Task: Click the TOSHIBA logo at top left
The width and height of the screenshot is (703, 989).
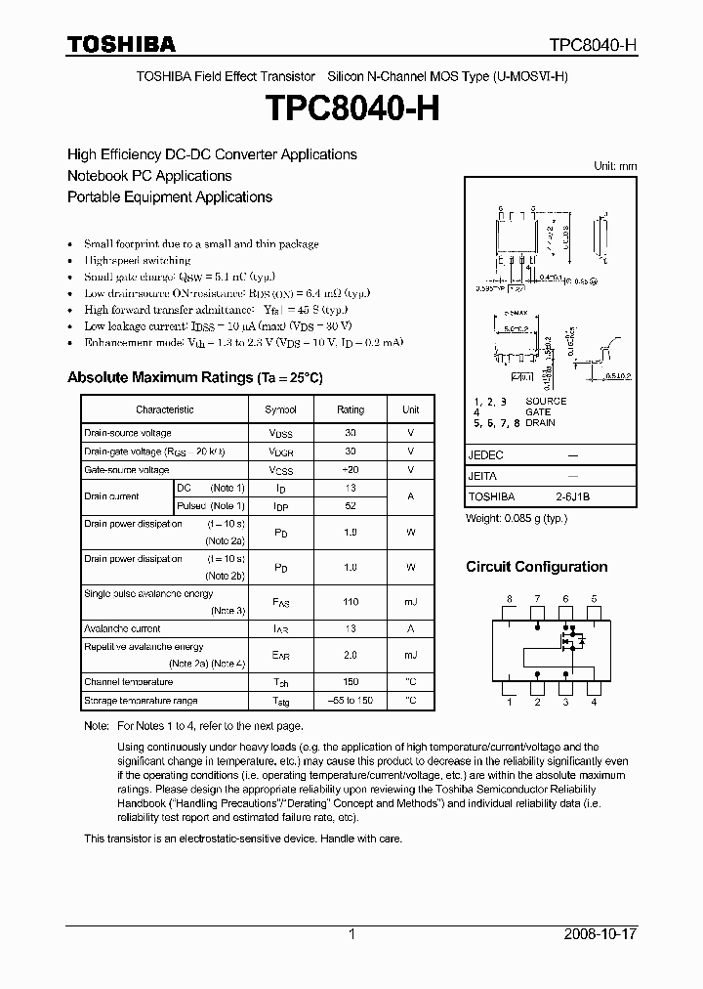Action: tap(121, 44)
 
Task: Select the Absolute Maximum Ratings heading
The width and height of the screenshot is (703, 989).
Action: tap(194, 377)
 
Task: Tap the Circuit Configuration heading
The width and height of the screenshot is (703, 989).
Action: tap(536, 567)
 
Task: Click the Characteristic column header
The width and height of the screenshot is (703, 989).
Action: tap(164, 409)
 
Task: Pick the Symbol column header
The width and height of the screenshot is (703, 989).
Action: tap(280, 409)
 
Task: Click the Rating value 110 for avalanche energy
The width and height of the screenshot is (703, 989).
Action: tap(351, 602)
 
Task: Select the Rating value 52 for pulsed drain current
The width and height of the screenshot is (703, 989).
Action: tap(351, 505)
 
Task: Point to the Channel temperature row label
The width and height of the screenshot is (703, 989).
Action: tap(128, 682)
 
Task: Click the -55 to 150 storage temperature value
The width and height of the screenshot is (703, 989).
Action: tap(351, 701)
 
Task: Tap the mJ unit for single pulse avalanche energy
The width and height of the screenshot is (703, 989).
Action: tap(410, 602)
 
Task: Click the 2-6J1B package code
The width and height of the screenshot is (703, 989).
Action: tap(572, 496)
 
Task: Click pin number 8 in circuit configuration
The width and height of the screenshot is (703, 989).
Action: tap(509, 598)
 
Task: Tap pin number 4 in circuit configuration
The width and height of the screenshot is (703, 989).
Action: tap(594, 702)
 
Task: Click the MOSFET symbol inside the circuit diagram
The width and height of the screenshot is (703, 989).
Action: tap(569, 641)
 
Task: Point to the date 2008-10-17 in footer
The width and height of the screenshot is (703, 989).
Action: tap(600, 934)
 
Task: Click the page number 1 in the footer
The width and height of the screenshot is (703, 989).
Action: tap(351, 934)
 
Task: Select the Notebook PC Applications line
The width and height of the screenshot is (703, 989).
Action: tap(149, 176)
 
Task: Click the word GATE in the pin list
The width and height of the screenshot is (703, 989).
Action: tap(538, 412)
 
